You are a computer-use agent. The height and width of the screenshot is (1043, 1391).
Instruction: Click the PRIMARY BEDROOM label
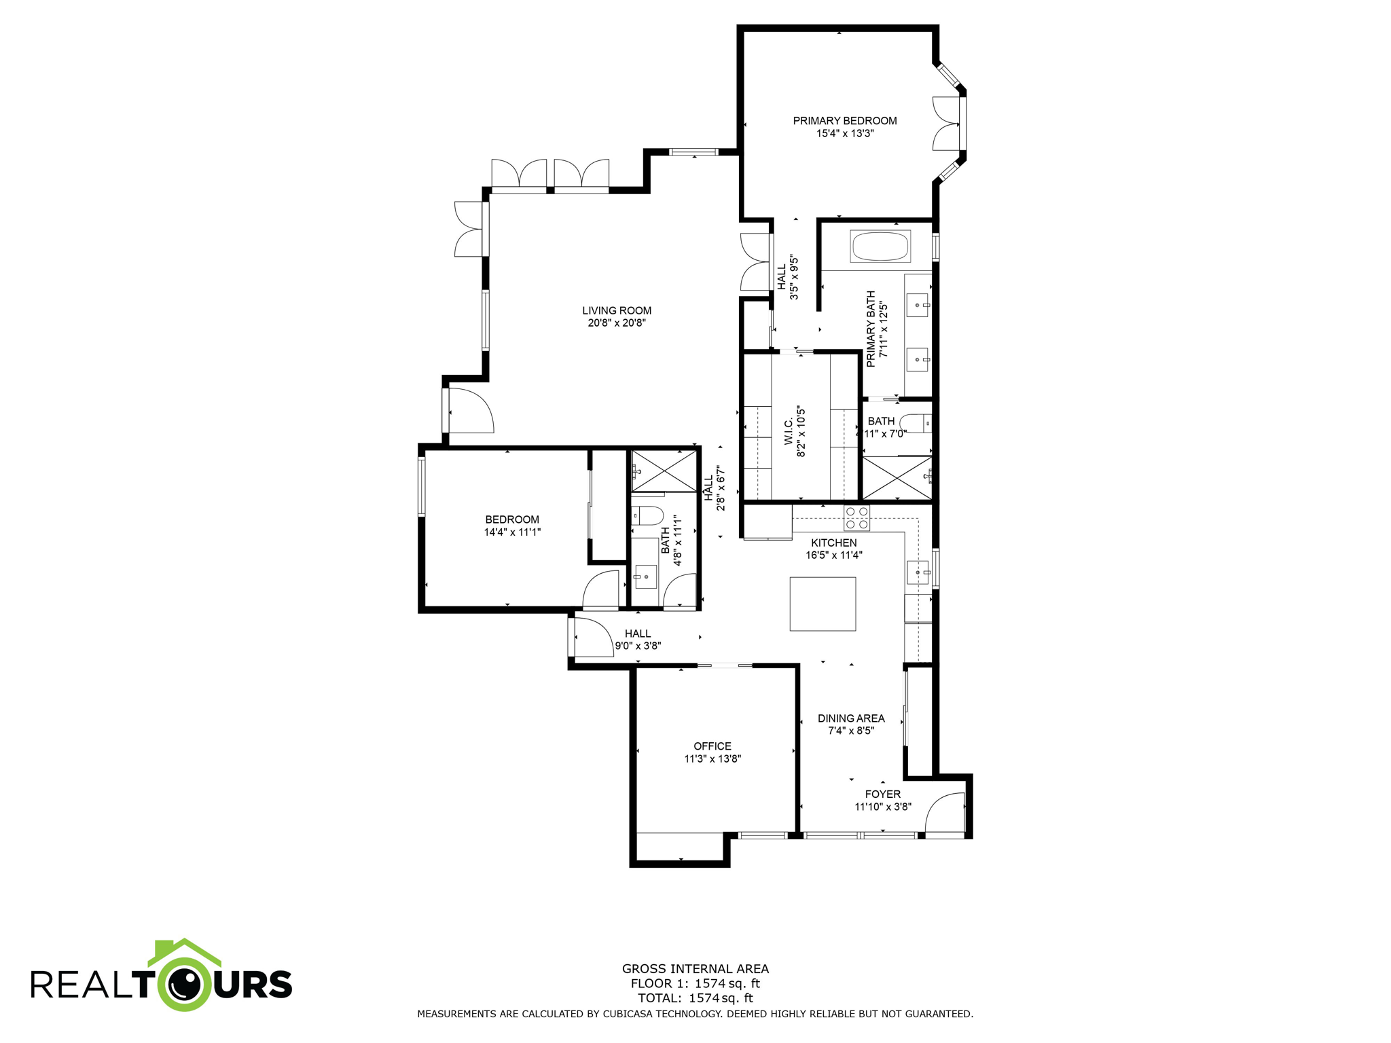(844, 121)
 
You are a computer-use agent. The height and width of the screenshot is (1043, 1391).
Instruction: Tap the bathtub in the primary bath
(880, 246)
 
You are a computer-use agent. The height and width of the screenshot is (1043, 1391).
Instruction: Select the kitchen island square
(822, 604)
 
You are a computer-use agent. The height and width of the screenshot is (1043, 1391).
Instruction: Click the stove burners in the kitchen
(856, 518)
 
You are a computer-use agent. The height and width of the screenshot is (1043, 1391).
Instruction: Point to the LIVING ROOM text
(616, 310)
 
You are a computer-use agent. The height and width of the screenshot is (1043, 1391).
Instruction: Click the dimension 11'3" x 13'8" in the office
(712, 758)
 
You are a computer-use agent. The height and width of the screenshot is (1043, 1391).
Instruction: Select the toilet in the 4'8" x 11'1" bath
(647, 516)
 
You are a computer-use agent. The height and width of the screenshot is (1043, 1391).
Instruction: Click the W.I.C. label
(789, 432)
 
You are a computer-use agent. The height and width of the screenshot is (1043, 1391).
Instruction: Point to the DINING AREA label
(850, 718)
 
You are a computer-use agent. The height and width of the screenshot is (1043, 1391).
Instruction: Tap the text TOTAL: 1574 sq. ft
(695, 998)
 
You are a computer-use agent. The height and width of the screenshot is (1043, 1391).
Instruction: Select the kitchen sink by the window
(918, 572)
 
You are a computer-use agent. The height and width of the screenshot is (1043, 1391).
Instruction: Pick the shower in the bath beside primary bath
(897, 477)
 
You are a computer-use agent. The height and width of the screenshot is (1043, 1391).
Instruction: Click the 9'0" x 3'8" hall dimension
(637, 646)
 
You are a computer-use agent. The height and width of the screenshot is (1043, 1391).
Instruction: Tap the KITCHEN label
(833, 543)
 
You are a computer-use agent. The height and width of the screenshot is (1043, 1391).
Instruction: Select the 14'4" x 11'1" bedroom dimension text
(511, 532)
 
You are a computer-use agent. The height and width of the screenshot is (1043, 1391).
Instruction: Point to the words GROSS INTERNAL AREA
(695, 969)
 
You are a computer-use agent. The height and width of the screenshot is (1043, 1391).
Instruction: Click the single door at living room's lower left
(469, 410)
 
